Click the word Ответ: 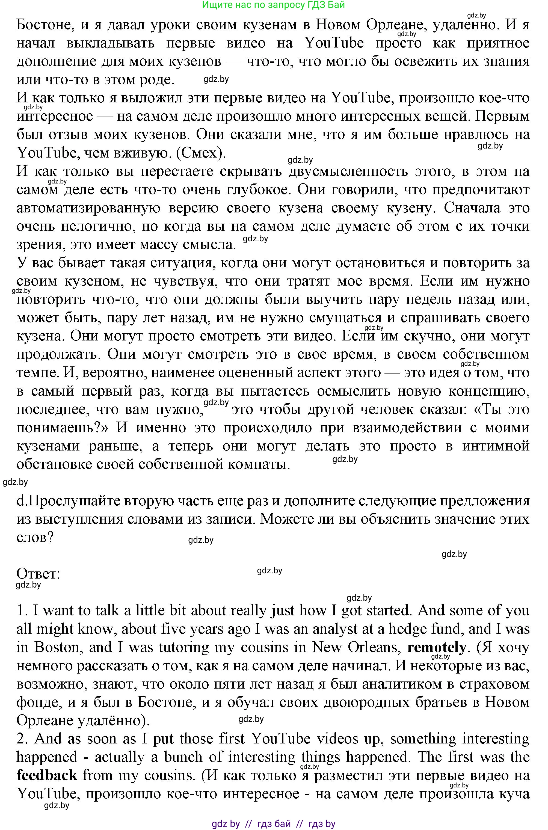[38, 574]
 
